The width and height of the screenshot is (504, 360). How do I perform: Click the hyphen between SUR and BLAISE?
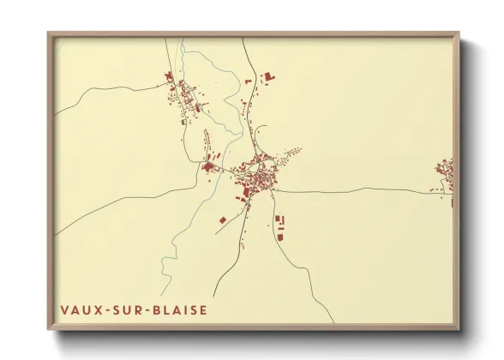point(144,310)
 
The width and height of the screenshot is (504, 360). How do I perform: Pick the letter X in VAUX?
point(95,310)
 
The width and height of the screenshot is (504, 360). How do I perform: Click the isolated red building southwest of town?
point(223,221)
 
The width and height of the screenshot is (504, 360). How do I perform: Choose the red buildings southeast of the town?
point(279,226)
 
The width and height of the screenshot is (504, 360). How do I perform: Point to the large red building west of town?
point(208,166)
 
